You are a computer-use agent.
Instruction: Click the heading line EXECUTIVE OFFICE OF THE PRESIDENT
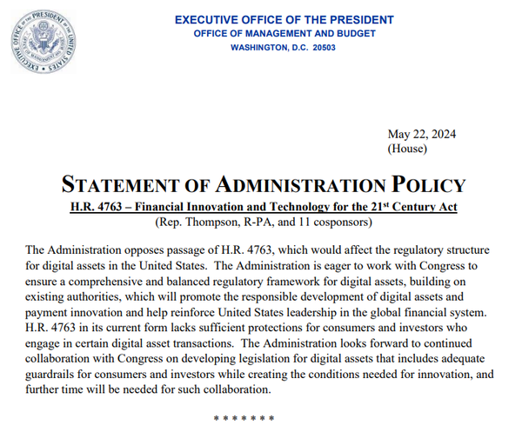[284, 20]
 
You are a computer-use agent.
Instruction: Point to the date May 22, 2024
[421, 134]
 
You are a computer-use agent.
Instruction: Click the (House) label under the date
[406, 149]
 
